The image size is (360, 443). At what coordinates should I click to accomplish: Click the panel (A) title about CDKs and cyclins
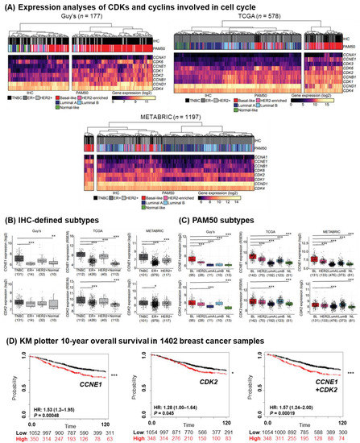(95, 6)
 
